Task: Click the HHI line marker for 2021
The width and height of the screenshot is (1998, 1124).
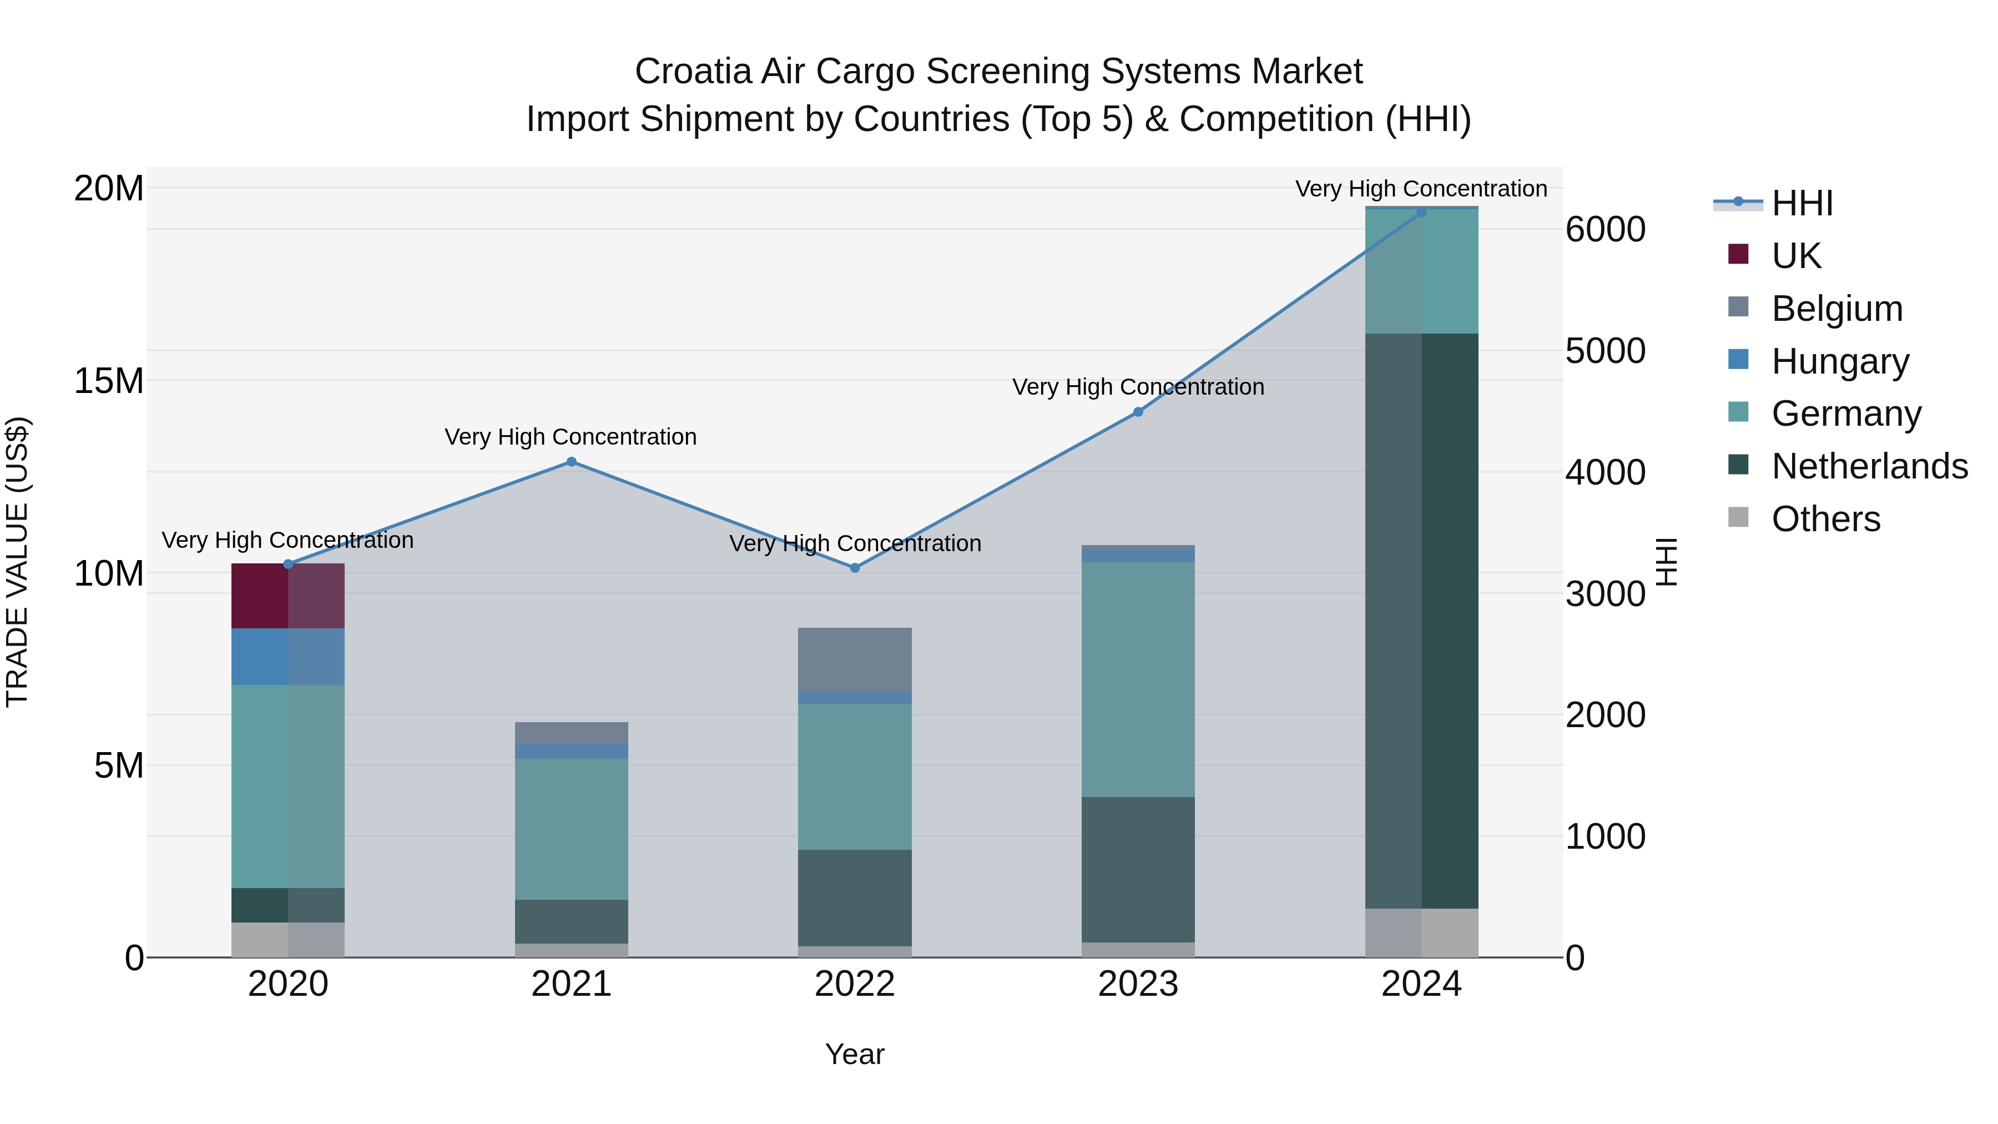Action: [571, 462]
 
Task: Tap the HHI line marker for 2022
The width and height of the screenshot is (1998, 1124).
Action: [855, 568]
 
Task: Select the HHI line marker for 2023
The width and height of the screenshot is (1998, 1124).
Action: [1138, 412]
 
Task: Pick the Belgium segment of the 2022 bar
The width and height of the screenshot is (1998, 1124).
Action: [855, 659]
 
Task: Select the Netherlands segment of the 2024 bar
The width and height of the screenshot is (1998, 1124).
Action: [1421, 621]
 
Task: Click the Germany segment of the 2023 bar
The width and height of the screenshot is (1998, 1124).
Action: [1138, 679]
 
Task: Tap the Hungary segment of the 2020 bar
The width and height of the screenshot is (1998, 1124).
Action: [287, 656]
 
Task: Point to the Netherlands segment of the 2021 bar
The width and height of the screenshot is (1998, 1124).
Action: [571, 921]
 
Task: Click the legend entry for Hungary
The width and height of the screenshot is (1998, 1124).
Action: [1840, 361]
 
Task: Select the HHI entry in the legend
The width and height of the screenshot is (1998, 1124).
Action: [1802, 203]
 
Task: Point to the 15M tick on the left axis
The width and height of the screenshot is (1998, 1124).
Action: [109, 381]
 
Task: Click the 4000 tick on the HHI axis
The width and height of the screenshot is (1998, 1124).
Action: [1605, 472]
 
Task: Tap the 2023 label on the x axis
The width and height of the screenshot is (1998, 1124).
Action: [1138, 984]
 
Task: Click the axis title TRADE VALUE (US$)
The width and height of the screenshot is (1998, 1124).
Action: [17, 562]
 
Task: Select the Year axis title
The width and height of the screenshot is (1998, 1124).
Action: [855, 1054]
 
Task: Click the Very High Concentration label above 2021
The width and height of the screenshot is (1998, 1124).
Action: [571, 437]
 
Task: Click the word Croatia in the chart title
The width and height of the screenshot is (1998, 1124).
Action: [693, 72]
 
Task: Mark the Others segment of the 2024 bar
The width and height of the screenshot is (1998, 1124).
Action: [1421, 933]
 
